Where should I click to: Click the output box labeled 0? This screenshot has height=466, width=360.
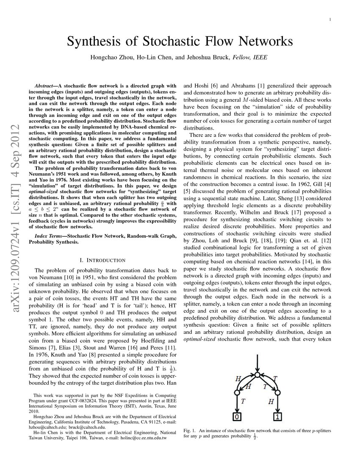[x=237, y=416]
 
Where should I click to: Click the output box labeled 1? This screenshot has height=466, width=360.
[x=278, y=416]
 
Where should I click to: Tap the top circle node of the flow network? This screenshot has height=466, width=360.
[x=258, y=375]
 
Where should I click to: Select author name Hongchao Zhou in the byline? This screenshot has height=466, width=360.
[x=110, y=57]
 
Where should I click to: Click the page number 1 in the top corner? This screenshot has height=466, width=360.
[x=330, y=19]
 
